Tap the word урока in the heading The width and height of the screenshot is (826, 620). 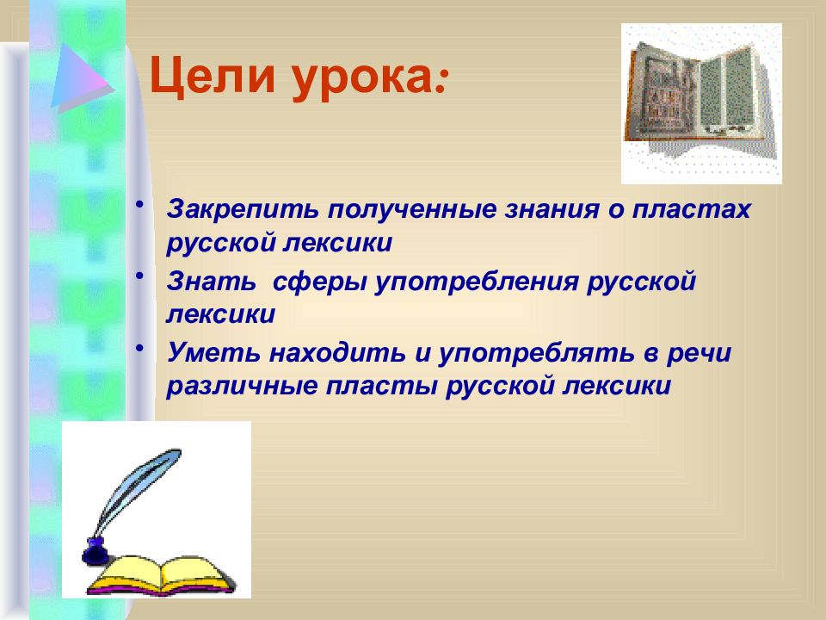(363, 79)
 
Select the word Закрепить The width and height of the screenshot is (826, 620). (243, 210)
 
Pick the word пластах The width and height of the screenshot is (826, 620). (691, 210)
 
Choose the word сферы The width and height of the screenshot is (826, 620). (319, 283)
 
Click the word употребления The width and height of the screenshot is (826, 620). (477, 283)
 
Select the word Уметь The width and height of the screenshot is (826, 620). (213, 352)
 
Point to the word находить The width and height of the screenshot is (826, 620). (337, 352)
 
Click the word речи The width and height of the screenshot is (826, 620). (699, 354)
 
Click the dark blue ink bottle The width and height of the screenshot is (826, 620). (95, 551)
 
